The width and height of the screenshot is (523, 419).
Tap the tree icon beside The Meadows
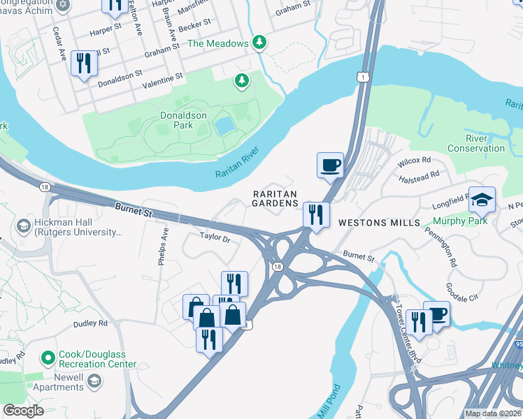pos(259,43)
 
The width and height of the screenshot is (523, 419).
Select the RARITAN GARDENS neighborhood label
pos(275,198)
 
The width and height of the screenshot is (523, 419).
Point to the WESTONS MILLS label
pos(379,223)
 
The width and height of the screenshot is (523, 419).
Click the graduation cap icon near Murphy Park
pos(481,200)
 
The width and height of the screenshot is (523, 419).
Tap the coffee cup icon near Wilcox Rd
pos(330,166)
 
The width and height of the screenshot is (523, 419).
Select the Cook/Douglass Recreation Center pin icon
pos(48,358)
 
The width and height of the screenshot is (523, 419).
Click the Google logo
pos(23,411)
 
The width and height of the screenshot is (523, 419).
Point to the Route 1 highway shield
pos(361,77)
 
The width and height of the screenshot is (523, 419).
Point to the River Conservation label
pos(475,143)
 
